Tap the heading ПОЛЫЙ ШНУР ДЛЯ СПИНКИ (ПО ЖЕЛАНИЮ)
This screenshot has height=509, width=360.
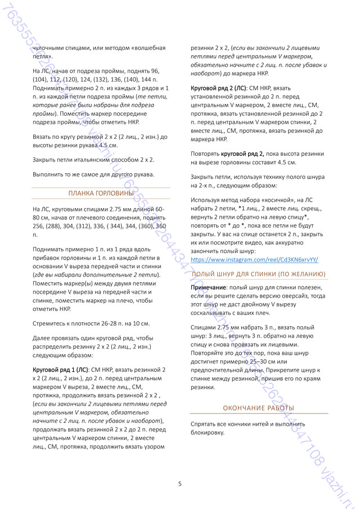(259, 274)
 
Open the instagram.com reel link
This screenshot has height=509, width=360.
(255, 260)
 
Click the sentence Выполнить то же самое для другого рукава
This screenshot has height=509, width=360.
(93, 174)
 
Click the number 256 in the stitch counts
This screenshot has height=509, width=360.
(39, 226)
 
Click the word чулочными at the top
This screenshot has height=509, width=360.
(49, 48)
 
